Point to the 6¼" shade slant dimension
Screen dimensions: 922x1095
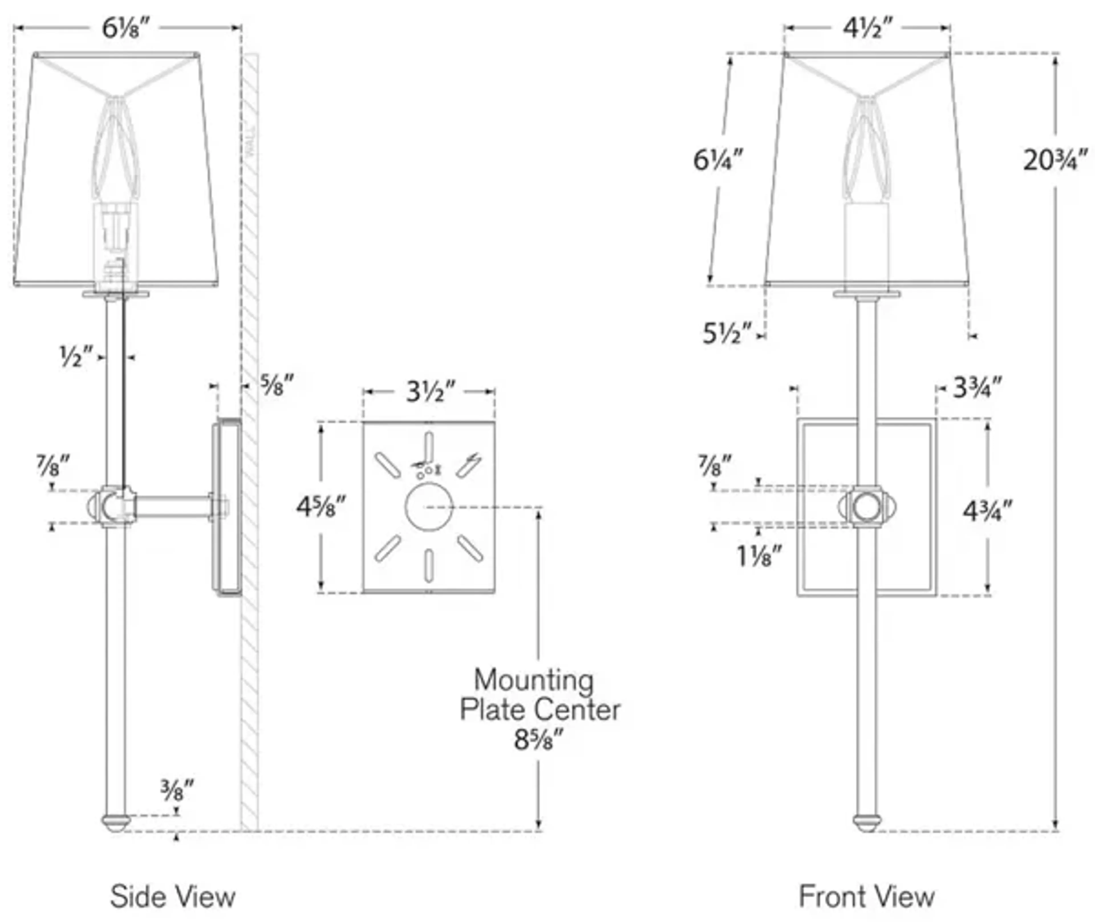pyautogui.click(x=718, y=161)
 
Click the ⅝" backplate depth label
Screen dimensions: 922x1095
pyautogui.click(x=277, y=385)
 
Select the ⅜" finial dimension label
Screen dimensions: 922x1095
pyautogui.click(x=177, y=791)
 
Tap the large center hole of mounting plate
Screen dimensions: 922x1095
pyautogui.click(x=429, y=506)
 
